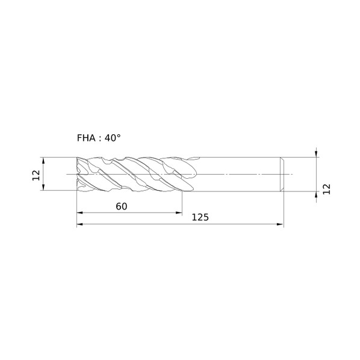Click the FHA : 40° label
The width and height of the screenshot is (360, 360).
(99, 138)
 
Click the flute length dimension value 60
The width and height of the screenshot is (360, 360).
(122, 206)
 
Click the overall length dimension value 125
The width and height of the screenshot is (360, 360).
(200, 217)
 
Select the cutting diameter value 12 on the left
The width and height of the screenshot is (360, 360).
(36, 175)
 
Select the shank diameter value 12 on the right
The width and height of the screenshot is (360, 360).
(326, 189)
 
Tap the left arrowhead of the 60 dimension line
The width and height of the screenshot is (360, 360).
(79, 213)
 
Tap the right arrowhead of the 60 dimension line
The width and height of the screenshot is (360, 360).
(179, 213)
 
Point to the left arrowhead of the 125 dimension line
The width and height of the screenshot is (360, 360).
(79, 224)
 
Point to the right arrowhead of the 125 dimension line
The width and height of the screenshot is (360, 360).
(281, 224)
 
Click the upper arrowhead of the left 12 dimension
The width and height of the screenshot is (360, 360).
(43, 161)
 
